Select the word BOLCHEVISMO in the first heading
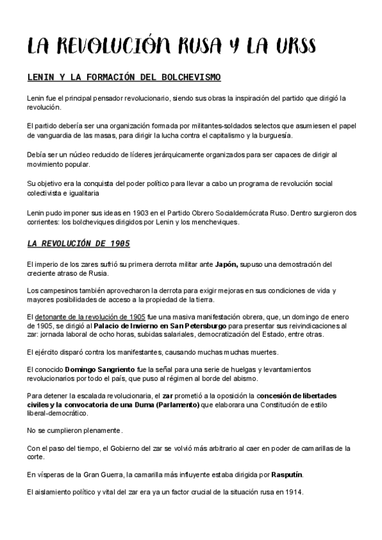[188, 78]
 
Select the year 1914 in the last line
[294, 492]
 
